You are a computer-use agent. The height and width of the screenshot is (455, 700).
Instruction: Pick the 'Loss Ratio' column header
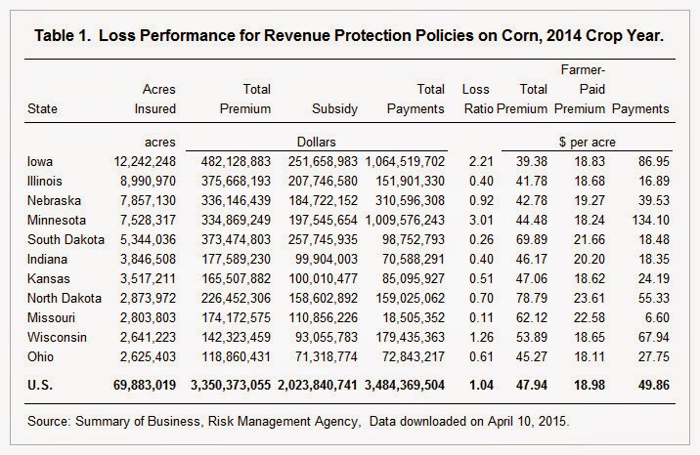[x=475, y=100]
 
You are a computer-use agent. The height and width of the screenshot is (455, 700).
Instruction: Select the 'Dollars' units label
[x=315, y=142]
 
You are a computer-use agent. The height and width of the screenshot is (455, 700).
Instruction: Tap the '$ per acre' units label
[x=588, y=142]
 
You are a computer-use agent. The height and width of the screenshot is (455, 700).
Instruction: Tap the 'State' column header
[x=43, y=109]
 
